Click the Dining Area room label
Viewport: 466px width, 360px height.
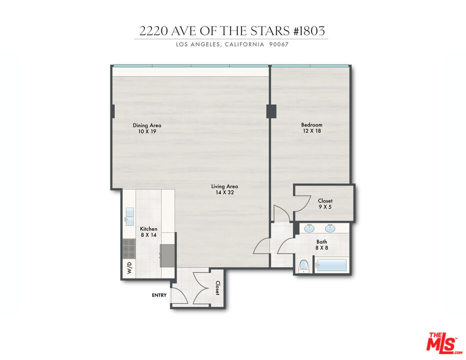click(x=146, y=125)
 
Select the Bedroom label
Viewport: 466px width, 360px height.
click(x=311, y=125)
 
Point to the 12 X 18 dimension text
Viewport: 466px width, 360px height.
click(x=311, y=131)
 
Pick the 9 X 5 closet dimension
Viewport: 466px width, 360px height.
click(x=325, y=207)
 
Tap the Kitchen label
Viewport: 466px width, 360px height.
click(x=148, y=229)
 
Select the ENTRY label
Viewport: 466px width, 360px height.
click(x=159, y=295)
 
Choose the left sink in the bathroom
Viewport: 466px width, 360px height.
click(x=309, y=228)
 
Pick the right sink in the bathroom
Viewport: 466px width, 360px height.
click(x=330, y=228)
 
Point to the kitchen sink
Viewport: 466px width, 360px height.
click(x=129, y=215)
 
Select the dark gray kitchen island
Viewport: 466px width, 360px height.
click(x=167, y=255)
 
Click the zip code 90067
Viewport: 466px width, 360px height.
click(x=279, y=44)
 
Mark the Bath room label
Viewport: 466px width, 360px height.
click(x=321, y=241)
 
